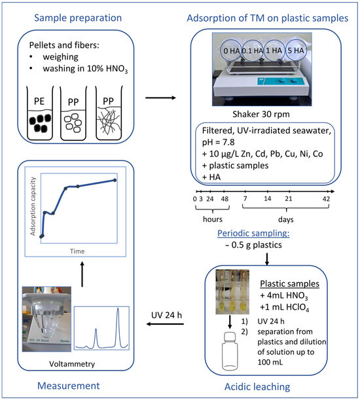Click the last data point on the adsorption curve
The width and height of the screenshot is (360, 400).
[x=116, y=180]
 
